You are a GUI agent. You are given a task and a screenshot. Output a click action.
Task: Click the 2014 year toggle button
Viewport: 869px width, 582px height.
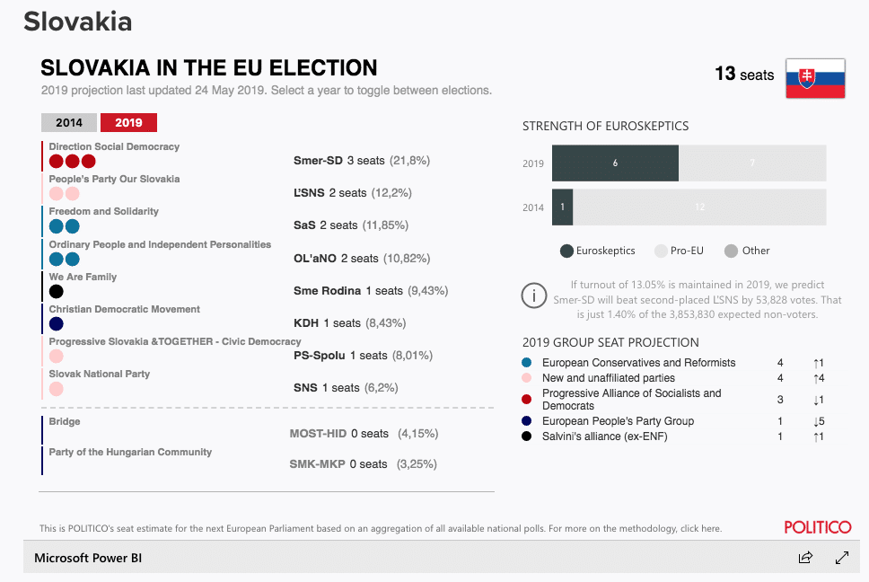tap(69, 123)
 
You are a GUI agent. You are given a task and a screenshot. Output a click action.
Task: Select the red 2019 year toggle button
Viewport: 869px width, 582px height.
tap(128, 123)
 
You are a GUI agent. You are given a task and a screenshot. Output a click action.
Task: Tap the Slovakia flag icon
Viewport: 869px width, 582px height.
tap(815, 78)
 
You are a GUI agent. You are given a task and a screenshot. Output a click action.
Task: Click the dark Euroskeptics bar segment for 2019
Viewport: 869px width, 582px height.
tap(615, 163)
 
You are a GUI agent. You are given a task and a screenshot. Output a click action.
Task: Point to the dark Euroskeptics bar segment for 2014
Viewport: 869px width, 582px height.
tap(562, 207)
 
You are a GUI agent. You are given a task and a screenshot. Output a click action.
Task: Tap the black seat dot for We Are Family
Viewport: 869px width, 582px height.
tap(56, 291)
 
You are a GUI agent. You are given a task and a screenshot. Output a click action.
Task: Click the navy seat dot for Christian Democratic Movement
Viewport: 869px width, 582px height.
tap(56, 323)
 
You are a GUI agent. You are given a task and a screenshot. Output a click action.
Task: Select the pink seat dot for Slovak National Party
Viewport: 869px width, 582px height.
tap(56, 389)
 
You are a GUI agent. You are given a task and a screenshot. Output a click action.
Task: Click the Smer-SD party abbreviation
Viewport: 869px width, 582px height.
tap(318, 161)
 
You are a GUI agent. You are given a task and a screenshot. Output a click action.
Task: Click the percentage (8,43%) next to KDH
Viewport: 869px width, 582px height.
tap(385, 323)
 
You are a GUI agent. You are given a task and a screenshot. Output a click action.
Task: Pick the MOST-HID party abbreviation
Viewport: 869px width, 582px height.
tap(318, 434)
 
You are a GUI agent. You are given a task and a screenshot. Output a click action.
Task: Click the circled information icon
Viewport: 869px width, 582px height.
tap(534, 295)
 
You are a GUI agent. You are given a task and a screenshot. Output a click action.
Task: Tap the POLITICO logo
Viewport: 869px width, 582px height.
tap(817, 527)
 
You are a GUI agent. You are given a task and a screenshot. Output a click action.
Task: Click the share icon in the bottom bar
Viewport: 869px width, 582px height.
tap(805, 558)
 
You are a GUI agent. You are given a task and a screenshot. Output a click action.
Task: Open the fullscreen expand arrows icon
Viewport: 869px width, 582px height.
tap(842, 558)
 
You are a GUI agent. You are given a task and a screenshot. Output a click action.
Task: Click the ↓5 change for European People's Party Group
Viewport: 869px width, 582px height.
tap(818, 421)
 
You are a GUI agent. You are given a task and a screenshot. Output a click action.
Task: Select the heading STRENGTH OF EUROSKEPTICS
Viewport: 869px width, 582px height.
tap(605, 127)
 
